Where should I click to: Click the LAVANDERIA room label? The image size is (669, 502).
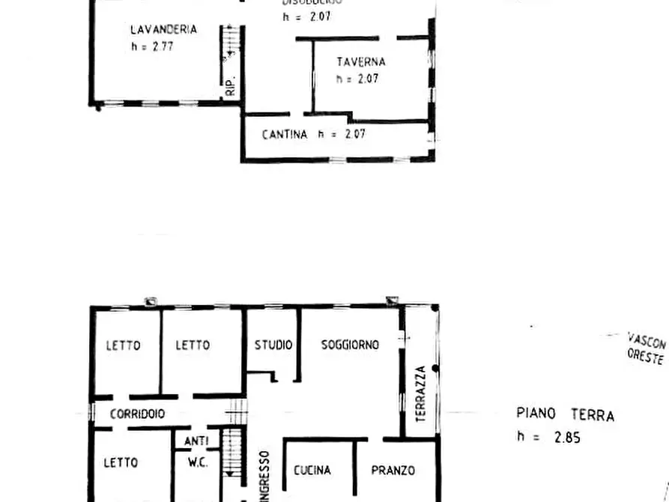coord(163,30)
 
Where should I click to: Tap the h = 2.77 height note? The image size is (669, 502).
coord(153,46)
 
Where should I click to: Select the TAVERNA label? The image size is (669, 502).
coord(361,62)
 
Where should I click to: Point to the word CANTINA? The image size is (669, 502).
coord(285,135)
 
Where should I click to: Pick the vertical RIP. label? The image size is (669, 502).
coord(231,87)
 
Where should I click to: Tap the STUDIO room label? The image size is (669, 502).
coord(273,345)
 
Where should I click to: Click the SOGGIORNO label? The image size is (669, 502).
coord(350,345)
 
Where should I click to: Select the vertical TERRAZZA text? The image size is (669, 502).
coord(420,394)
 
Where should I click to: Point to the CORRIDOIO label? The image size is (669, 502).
coord(137,414)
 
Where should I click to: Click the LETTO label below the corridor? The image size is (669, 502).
coord(122,464)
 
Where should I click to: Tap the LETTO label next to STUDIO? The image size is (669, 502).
coord(193,345)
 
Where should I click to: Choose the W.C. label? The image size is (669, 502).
coord(196,463)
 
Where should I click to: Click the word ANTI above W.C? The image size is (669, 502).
coord(196,441)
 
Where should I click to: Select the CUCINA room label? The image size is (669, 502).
coord(312,471)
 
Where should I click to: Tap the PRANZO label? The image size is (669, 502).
coord(393,471)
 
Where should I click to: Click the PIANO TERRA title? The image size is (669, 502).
coord(565,414)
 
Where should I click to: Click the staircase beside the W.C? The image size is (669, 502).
coord(234,453)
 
